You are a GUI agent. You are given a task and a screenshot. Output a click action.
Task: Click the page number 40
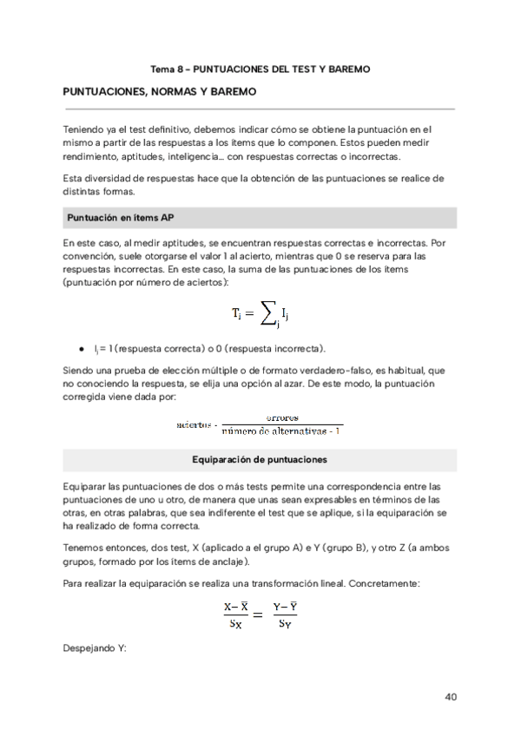click(x=450, y=696)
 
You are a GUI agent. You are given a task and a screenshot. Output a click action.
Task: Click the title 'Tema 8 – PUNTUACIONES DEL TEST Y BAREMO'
click(x=260, y=69)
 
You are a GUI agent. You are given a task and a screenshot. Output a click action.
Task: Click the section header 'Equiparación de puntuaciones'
click(x=260, y=458)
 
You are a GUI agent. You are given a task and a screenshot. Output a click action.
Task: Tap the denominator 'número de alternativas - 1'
click(x=281, y=430)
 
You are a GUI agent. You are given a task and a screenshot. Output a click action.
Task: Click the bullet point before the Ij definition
click(x=81, y=348)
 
